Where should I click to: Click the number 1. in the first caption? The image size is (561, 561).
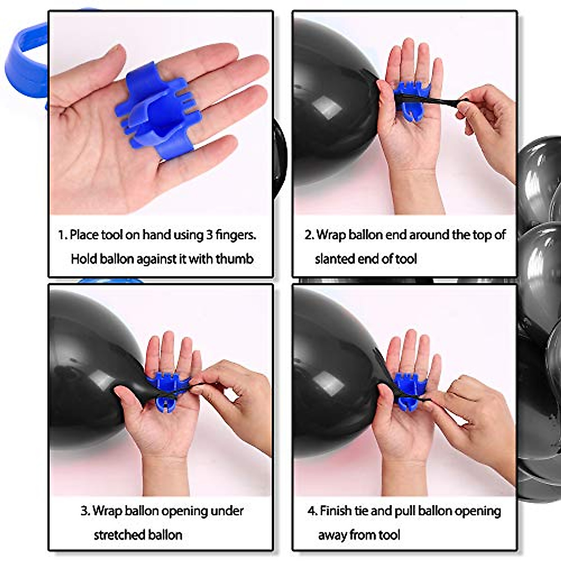tap(63, 235)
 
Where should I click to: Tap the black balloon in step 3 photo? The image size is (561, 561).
tap(89, 365)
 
